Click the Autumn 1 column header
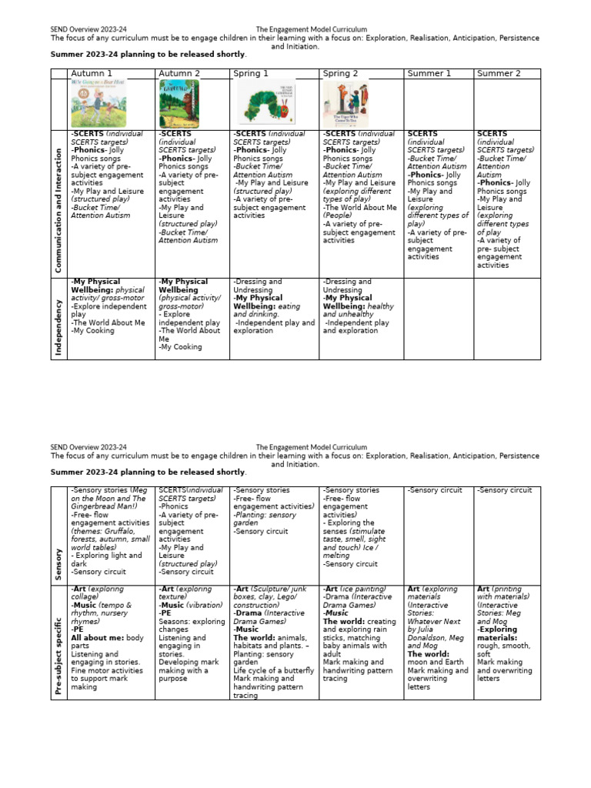(92, 73)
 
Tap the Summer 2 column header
(499, 73)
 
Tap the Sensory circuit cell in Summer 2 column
(504, 489)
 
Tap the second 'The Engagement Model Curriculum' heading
(311, 447)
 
